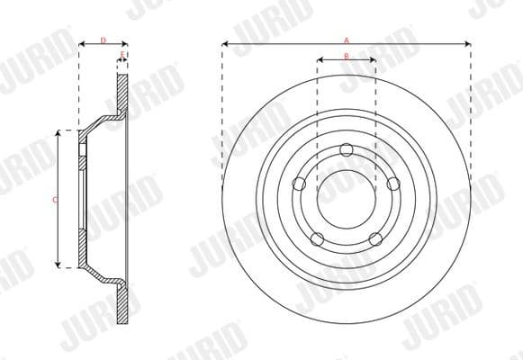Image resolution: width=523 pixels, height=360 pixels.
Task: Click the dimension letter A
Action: pyautogui.click(x=347, y=39)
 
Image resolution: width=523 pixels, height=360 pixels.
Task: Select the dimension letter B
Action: pyautogui.click(x=347, y=57)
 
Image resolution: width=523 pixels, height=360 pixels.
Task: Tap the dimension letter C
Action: pyautogui.click(x=55, y=199)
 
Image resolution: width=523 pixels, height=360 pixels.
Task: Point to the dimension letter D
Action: pyautogui.click(x=103, y=40)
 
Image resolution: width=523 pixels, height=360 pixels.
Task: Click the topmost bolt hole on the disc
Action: pyautogui.click(x=347, y=150)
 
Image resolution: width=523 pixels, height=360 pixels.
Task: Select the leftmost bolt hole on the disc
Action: pyautogui.click(x=300, y=184)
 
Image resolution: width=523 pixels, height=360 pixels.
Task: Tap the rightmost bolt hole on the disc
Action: pyautogui.click(x=392, y=184)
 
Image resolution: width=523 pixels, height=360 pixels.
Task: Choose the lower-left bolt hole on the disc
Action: pyautogui.click(x=318, y=238)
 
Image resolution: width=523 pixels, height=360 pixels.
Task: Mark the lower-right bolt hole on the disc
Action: pyautogui.click(x=374, y=238)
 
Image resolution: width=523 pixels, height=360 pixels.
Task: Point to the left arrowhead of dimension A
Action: pyautogui.click(x=225, y=43)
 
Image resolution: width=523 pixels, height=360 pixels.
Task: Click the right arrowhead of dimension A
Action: pyautogui.click(x=468, y=43)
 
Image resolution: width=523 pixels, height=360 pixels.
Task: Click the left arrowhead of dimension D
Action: pyautogui.click(x=82, y=44)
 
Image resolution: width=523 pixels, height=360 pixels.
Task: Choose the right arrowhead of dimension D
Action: pyautogui.click(x=124, y=44)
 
